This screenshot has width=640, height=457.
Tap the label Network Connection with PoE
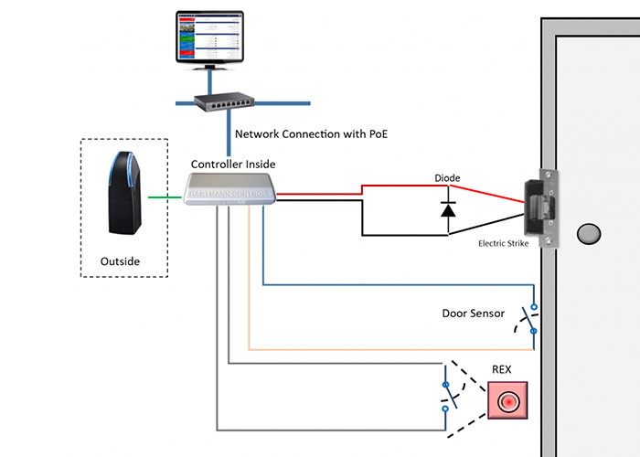[x=311, y=133]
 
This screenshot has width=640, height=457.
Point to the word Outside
[x=121, y=261]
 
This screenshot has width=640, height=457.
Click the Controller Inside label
[x=232, y=164]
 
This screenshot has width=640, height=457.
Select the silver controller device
[x=229, y=191]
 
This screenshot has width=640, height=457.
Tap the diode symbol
[x=448, y=209]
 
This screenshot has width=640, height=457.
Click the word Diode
[x=447, y=178]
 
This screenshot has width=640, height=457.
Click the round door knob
[x=589, y=235]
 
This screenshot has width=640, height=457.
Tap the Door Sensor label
[x=473, y=314]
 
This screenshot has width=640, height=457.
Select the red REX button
[x=505, y=401]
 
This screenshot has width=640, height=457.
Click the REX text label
[x=503, y=369]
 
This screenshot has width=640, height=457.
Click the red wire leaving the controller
[x=320, y=193]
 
